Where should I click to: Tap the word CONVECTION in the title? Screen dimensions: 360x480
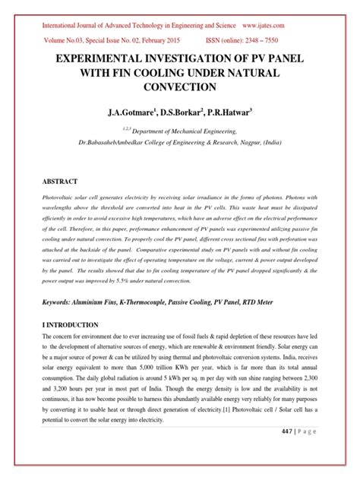pyautogui.click(x=180, y=88)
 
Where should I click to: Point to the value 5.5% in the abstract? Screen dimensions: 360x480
pyautogui.click(x=133, y=279)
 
